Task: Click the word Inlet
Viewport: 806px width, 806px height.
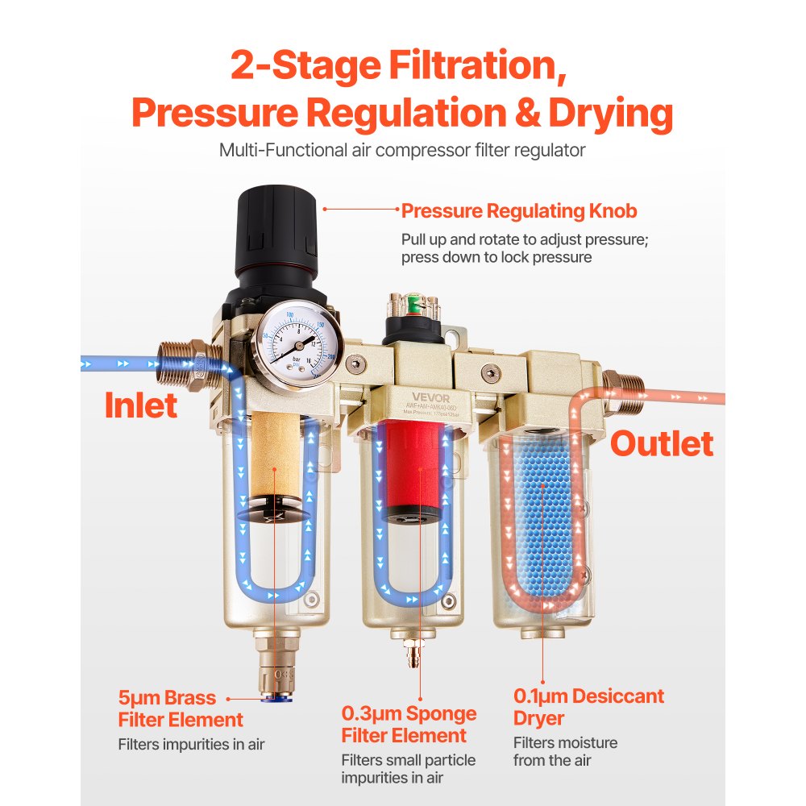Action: [x=141, y=405]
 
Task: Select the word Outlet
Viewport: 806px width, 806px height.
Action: [x=661, y=444]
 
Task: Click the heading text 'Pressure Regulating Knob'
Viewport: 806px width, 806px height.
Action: [x=519, y=211]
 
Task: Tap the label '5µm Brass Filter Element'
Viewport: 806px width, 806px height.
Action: [x=180, y=709]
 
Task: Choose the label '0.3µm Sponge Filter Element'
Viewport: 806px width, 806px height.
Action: [x=409, y=725]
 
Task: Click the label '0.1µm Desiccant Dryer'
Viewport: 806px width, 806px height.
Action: [x=588, y=707]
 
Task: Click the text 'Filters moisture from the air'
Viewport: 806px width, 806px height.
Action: [x=565, y=751]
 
